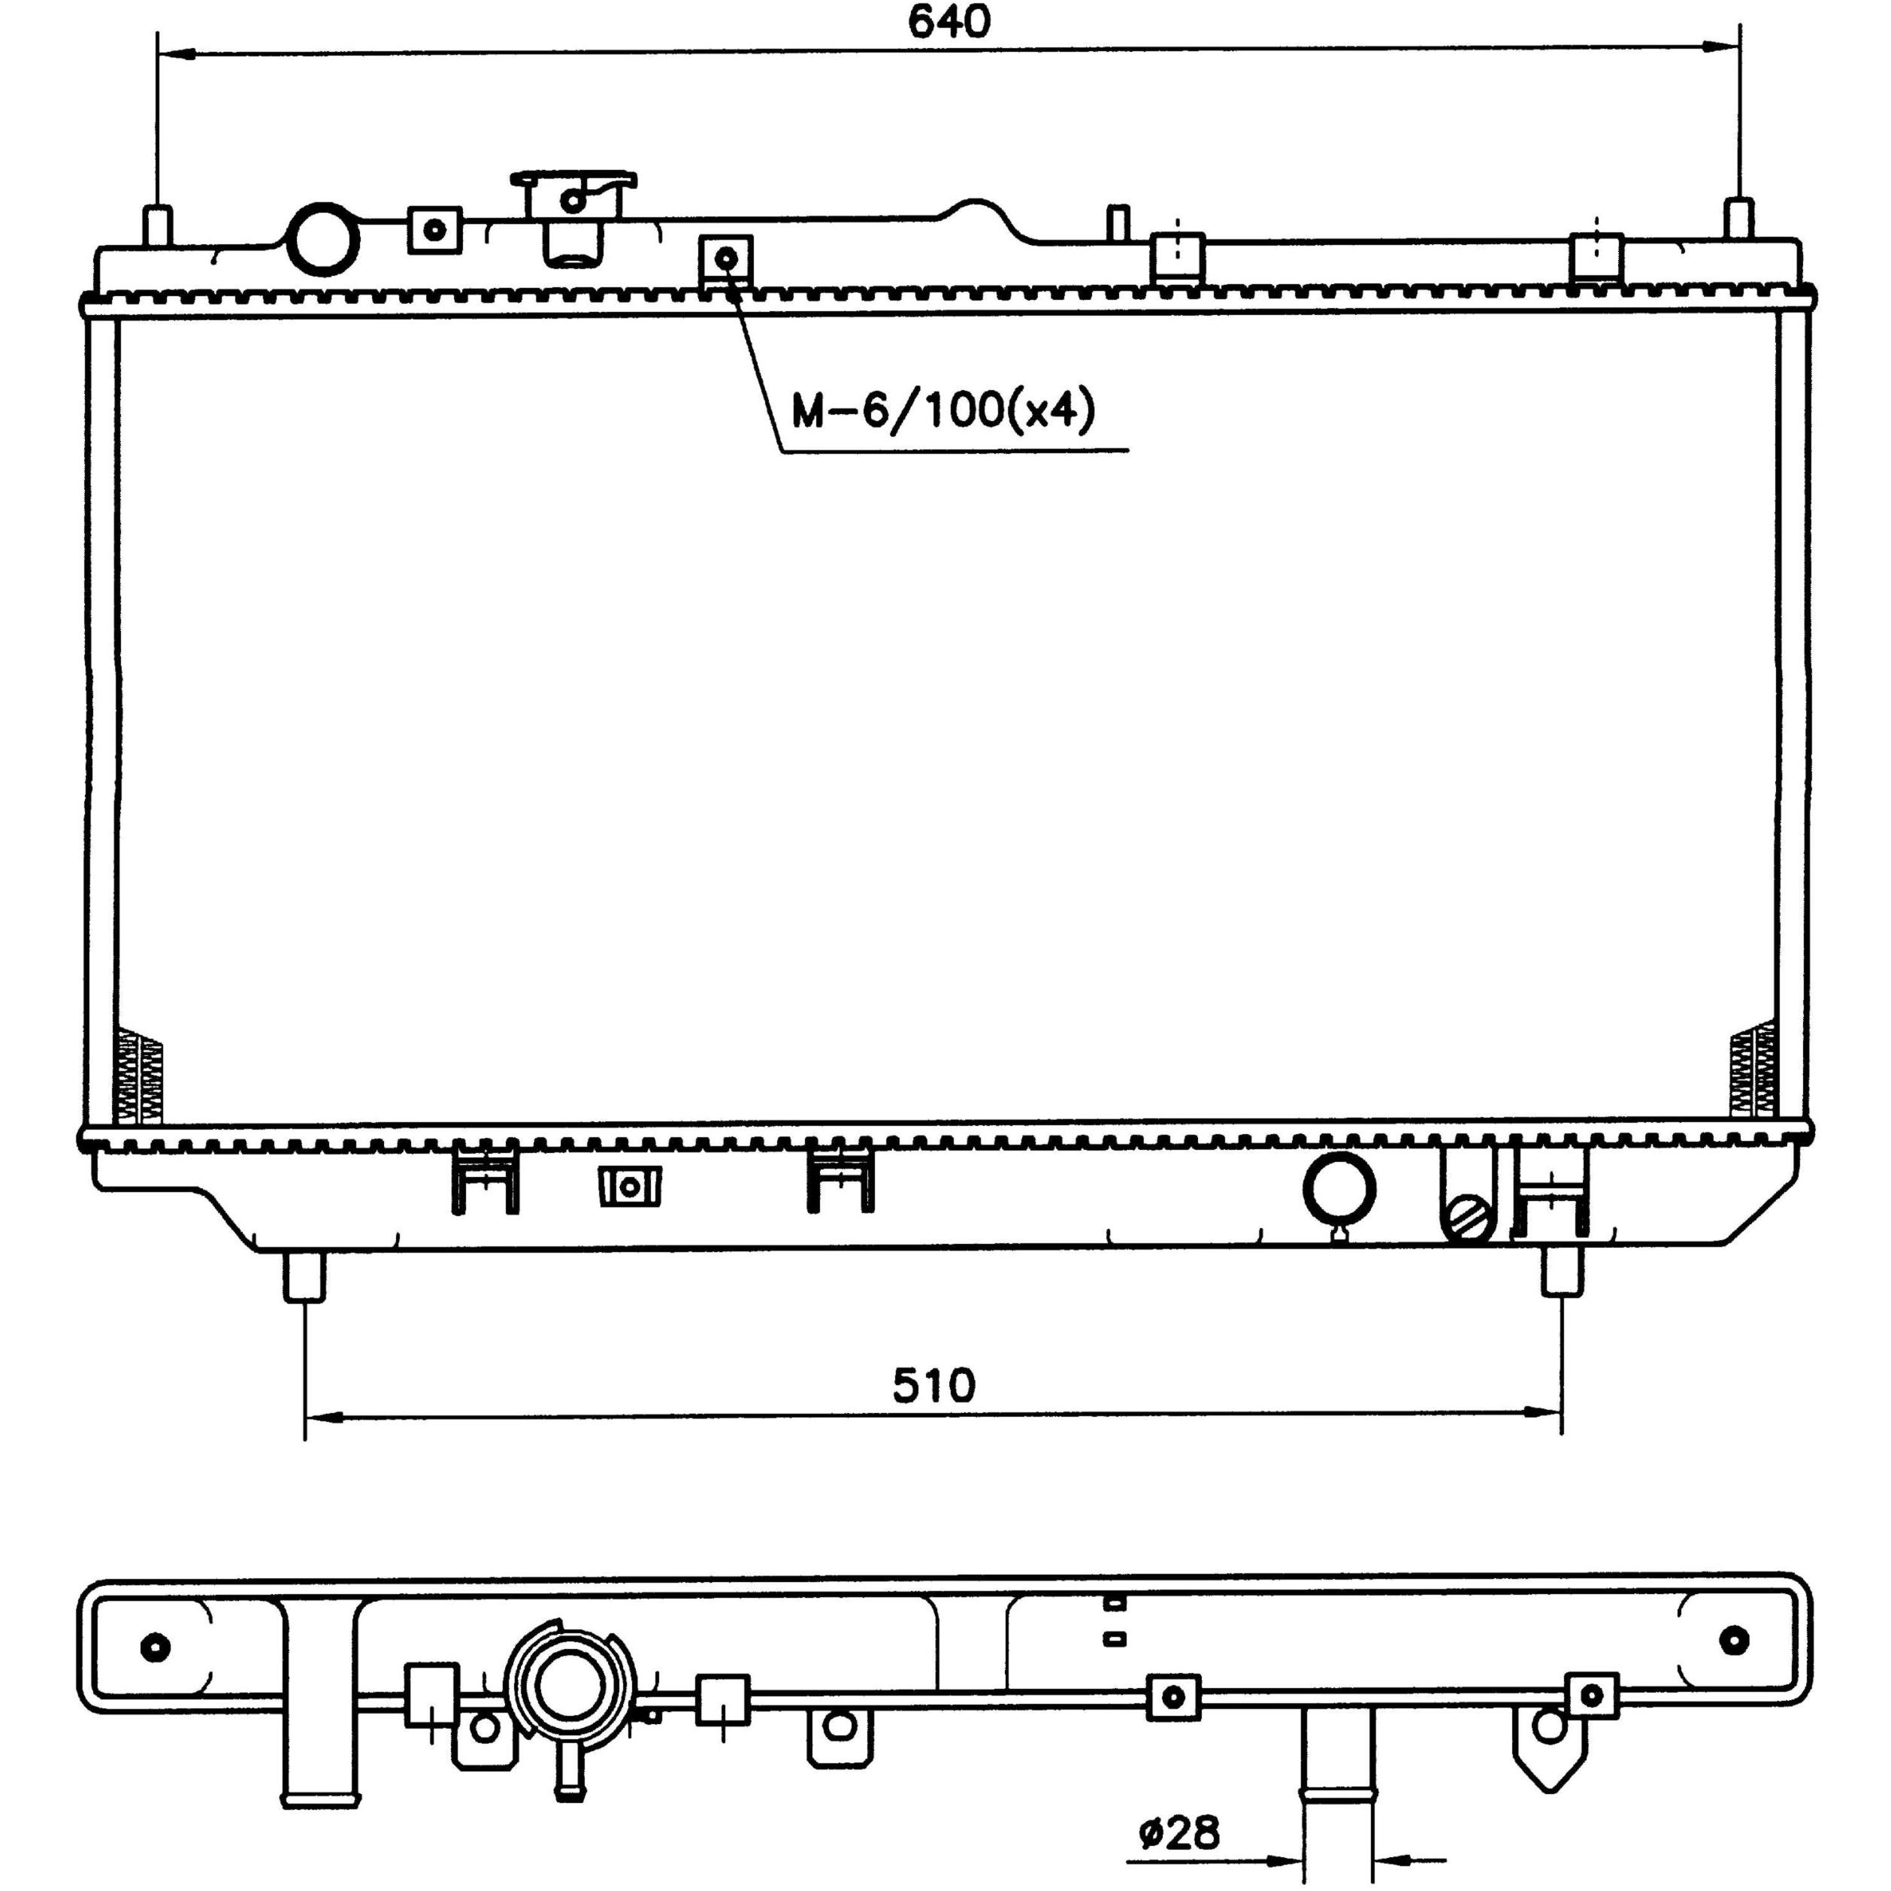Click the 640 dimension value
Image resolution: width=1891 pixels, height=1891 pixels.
pyautogui.click(x=949, y=23)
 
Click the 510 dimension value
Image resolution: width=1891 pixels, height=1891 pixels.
pyautogui.click(x=933, y=1385)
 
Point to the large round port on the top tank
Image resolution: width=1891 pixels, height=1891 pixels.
pyautogui.click(x=322, y=238)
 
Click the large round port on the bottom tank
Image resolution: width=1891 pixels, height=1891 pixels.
pyautogui.click(x=1339, y=1189)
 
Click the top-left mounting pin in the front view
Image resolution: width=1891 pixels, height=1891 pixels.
pyautogui.click(x=158, y=227)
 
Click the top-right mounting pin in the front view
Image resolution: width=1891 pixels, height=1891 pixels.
pyautogui.click(x=1738, y=220)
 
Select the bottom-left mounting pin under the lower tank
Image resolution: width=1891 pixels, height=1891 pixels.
pyautogui.click(x=304, y=1276)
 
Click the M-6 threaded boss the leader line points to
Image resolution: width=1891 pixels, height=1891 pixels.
pyautogui.click(x=726, y=259)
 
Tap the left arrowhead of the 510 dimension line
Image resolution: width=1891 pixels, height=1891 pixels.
pyautogui.click(x=324, y=1415)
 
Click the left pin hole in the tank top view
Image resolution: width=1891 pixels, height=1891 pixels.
pyautogui.click(x=156, y=1647)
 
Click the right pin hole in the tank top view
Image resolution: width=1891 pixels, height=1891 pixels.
pyautogui.click(x=1733, y=1638)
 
